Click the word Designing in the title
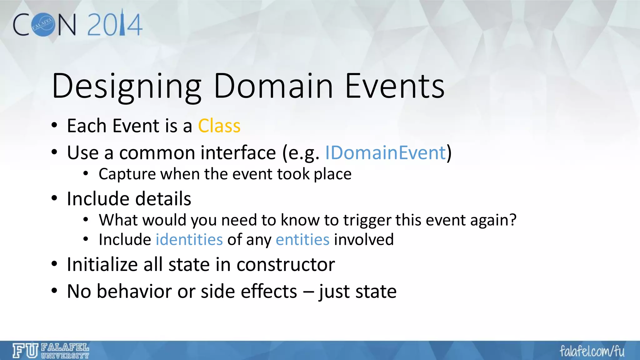pos(127,86)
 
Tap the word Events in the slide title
pos(394,86)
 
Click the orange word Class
pos(219,126)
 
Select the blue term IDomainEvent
pos(385,153)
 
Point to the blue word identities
pos(189,240)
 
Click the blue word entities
pos(302,240)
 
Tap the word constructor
pos(286,265)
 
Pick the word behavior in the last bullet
pos(134,292)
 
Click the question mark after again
pos(513,220)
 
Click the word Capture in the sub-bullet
pos(127,174)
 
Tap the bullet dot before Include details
pos(54,198)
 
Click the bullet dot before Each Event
pos(54,126)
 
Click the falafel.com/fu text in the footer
pos(592,351)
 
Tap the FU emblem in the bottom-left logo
pos(25,351)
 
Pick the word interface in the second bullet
pos(238,153)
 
